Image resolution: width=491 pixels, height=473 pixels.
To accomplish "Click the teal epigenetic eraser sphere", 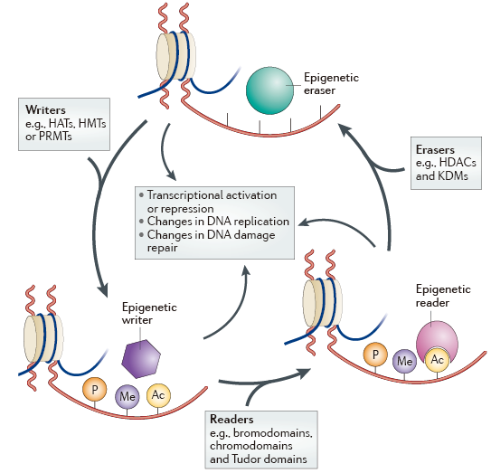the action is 270,90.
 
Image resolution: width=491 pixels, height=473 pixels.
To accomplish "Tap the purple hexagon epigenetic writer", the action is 141,359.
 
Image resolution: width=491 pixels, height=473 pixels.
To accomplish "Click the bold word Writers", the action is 45,110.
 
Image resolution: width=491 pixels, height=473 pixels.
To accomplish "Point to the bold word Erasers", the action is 435,150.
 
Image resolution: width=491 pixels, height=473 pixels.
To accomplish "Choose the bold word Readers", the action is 231,419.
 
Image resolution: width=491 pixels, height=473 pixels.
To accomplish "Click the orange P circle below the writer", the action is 95,390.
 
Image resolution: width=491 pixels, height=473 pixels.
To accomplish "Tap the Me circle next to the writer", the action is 127,397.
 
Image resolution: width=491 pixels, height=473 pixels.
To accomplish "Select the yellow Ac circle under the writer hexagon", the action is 158,395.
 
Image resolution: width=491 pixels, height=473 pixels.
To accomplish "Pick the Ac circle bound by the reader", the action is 437,360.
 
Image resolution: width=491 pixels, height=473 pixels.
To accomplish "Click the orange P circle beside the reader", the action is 375,355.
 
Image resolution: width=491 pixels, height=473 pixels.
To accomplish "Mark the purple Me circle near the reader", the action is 404,361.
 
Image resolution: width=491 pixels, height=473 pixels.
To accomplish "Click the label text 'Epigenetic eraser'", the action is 331,84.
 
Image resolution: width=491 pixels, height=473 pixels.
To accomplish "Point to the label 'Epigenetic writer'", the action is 149,314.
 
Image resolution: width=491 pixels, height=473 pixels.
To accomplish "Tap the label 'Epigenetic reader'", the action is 443,296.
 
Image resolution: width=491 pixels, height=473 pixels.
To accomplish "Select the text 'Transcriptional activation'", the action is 212,195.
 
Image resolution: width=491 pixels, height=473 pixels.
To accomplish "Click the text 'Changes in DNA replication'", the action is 218,222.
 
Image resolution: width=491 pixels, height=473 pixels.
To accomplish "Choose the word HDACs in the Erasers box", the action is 458,163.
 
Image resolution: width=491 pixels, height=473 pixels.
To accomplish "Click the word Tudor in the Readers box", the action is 248,459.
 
